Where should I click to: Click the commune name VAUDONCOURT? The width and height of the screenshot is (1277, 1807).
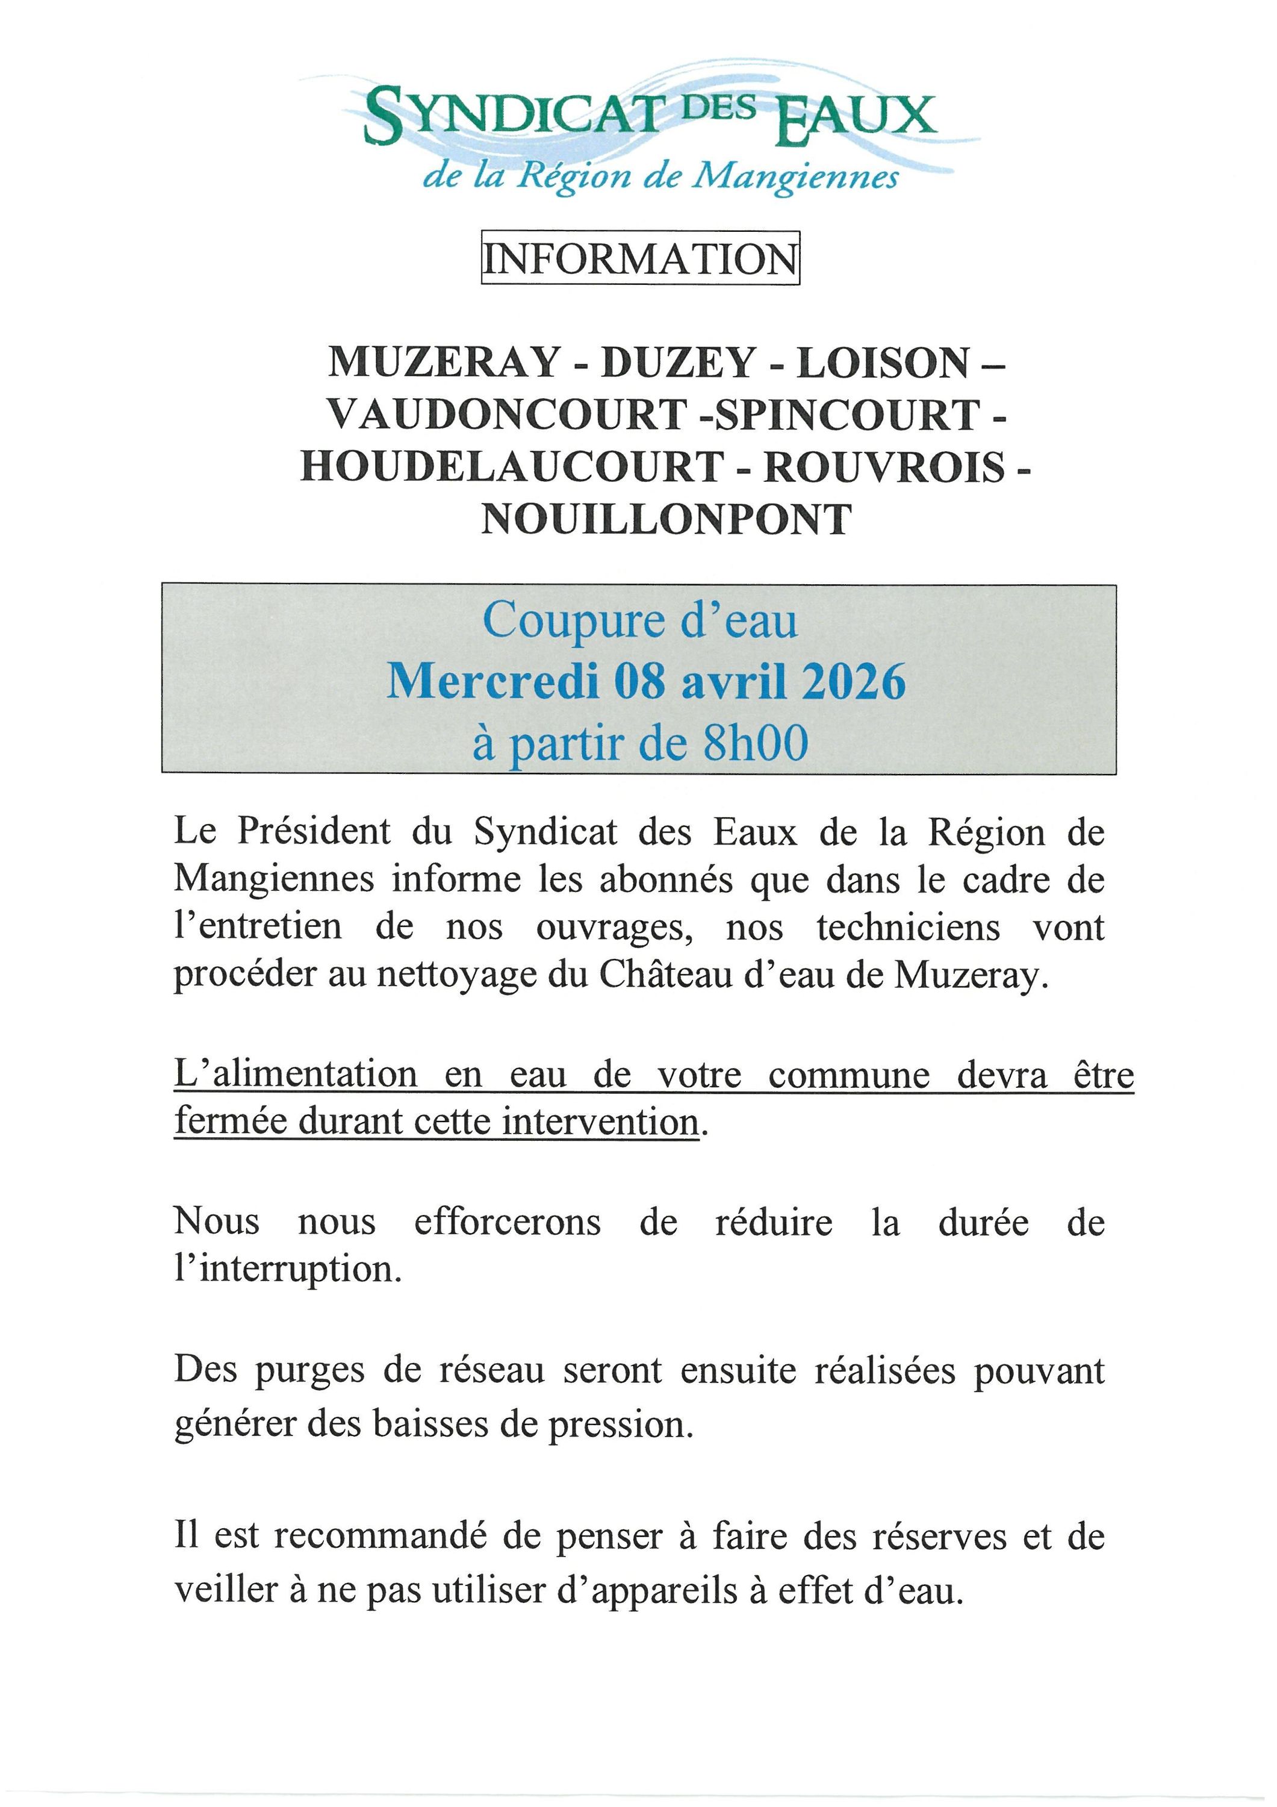click(506, 414)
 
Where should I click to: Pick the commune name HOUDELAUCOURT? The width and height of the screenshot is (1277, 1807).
click(511, 467)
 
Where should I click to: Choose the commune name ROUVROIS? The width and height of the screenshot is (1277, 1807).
click(885, 467)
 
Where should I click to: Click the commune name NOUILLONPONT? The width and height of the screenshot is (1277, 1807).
click(666, 519)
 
